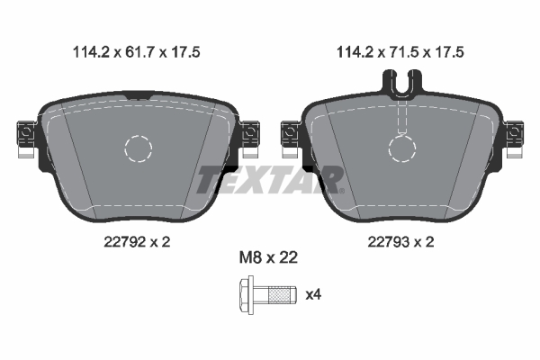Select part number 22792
[125, 242]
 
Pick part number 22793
[389, 242]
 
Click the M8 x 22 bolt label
[268, 257]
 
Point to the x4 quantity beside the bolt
[313, 294]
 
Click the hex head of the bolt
[247, 295]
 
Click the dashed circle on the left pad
[138, 136]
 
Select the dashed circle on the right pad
[402, 136]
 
